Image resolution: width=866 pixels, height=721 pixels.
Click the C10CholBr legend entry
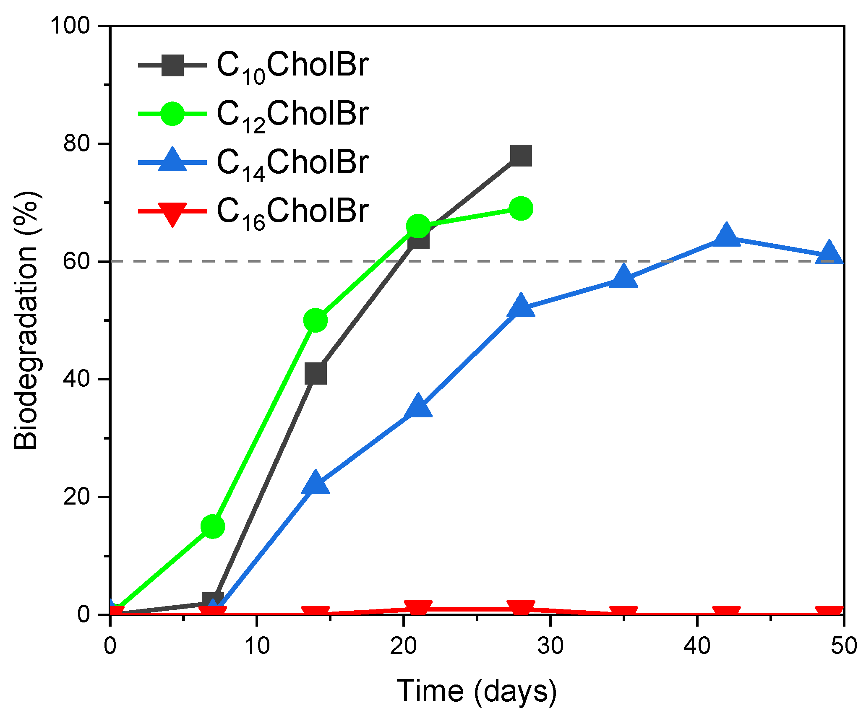pyautogui.click(x=292, y=66)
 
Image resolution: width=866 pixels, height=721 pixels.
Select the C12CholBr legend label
pyautogui.click(x=292, y=114)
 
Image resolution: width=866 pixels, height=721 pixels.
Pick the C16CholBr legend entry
pyautogui.click(x=292, y=211)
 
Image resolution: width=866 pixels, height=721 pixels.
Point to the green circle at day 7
pyautogui.click(x=213, y=526)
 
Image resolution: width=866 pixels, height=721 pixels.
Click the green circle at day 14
pyautogui.click(x=316, y=320)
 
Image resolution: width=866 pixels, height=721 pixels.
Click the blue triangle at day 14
pyautogui.click(x=316, y=483)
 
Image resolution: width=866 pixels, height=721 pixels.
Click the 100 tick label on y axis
pyautogui.click(x=70, y=26)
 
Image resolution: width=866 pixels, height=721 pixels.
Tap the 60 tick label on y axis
pyautogui.click(x=76, y=262)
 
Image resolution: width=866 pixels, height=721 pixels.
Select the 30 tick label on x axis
pyautogui.click(x=550, y=646)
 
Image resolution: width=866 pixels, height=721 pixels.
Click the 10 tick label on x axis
pyautogui.click(x=257, y=646)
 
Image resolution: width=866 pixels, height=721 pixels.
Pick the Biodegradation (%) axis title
pyautogui.click(x=26, y=320)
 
